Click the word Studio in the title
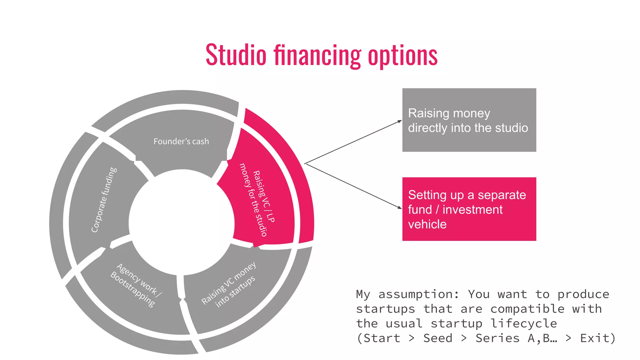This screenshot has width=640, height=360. pos(236,55)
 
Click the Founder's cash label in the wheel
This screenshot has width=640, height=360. pos(181,142)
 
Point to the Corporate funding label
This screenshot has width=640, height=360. pos(104,200)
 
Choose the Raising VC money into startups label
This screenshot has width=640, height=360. pos(229,284)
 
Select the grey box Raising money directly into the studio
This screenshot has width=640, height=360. pos(469,120)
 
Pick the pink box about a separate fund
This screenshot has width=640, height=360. pos(469,209)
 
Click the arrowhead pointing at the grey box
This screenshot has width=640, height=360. pos(400,121)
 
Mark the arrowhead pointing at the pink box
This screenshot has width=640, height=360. pos(400,207)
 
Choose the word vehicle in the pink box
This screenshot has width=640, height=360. pos(427,224)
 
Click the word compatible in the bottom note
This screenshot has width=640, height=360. pos(527,309)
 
